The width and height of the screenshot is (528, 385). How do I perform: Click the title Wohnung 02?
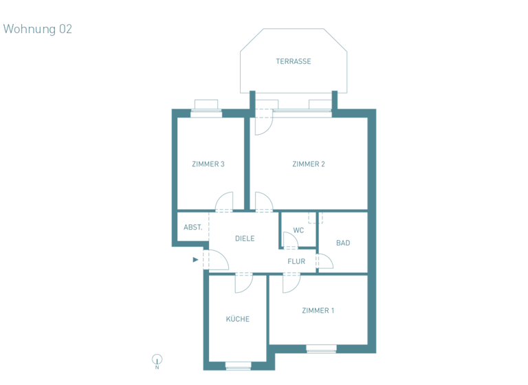click(38, 29)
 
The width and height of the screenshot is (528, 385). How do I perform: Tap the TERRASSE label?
click(294, 61)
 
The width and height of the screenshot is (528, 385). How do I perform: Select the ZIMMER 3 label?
click(208, 164)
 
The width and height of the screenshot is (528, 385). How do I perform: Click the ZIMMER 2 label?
click(308, 164)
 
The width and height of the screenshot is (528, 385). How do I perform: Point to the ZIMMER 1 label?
click(318, 311)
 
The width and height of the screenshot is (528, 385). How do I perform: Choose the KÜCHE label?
click(238, 319)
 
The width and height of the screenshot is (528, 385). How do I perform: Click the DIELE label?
click(245, 239)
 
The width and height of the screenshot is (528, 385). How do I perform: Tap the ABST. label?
click(192, 227)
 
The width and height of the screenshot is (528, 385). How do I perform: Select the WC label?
click(298, 230)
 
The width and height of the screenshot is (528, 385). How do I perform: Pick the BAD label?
click(343, 243)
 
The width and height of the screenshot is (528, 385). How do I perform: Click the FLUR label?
click(296, 261)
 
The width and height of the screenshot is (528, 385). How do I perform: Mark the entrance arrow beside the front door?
click(196, 260)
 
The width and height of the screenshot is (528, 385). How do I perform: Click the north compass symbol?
click(157, 360)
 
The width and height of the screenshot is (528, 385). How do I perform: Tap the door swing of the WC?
click(290, 240)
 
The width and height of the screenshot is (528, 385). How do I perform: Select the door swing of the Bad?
click(324, 261)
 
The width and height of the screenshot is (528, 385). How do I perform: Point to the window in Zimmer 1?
click(321, 348)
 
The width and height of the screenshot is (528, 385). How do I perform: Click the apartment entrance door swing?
click(217, 260)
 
